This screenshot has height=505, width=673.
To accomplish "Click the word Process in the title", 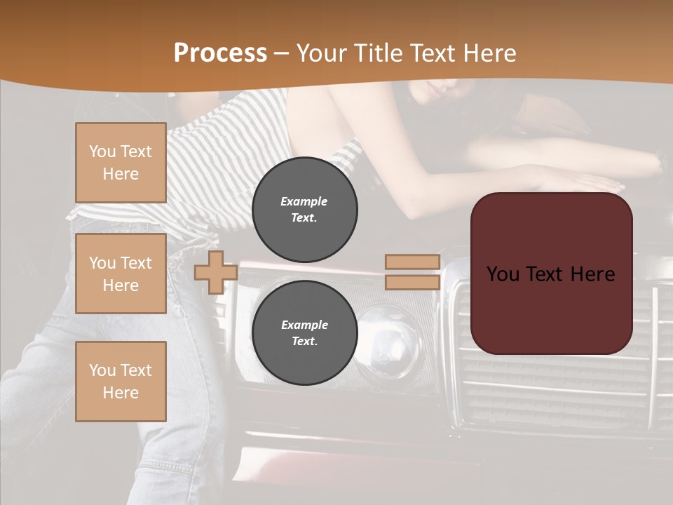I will (x=220, y=53).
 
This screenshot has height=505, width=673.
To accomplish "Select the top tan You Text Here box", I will (x=121, y=163).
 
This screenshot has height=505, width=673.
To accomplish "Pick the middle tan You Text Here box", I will (x=121, y=274).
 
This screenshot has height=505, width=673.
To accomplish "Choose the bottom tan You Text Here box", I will (x=121, y=382).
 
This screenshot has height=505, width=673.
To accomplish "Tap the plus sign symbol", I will (x=215, y=272).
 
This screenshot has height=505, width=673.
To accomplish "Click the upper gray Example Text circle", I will (x=304, y=209).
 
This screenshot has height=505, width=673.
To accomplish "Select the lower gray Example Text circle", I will (x=304, y=332).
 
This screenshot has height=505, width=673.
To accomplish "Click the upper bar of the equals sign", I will (x=412, y=262).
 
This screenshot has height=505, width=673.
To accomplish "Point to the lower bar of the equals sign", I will (x=412, y=282).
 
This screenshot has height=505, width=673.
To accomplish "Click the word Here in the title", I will (x=489, y=53).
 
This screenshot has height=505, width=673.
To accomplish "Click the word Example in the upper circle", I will (x=304, y=201).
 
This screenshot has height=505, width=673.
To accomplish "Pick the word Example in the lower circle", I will (x=304, y=325).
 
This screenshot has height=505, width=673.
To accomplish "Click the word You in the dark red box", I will (x=503, y=274).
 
